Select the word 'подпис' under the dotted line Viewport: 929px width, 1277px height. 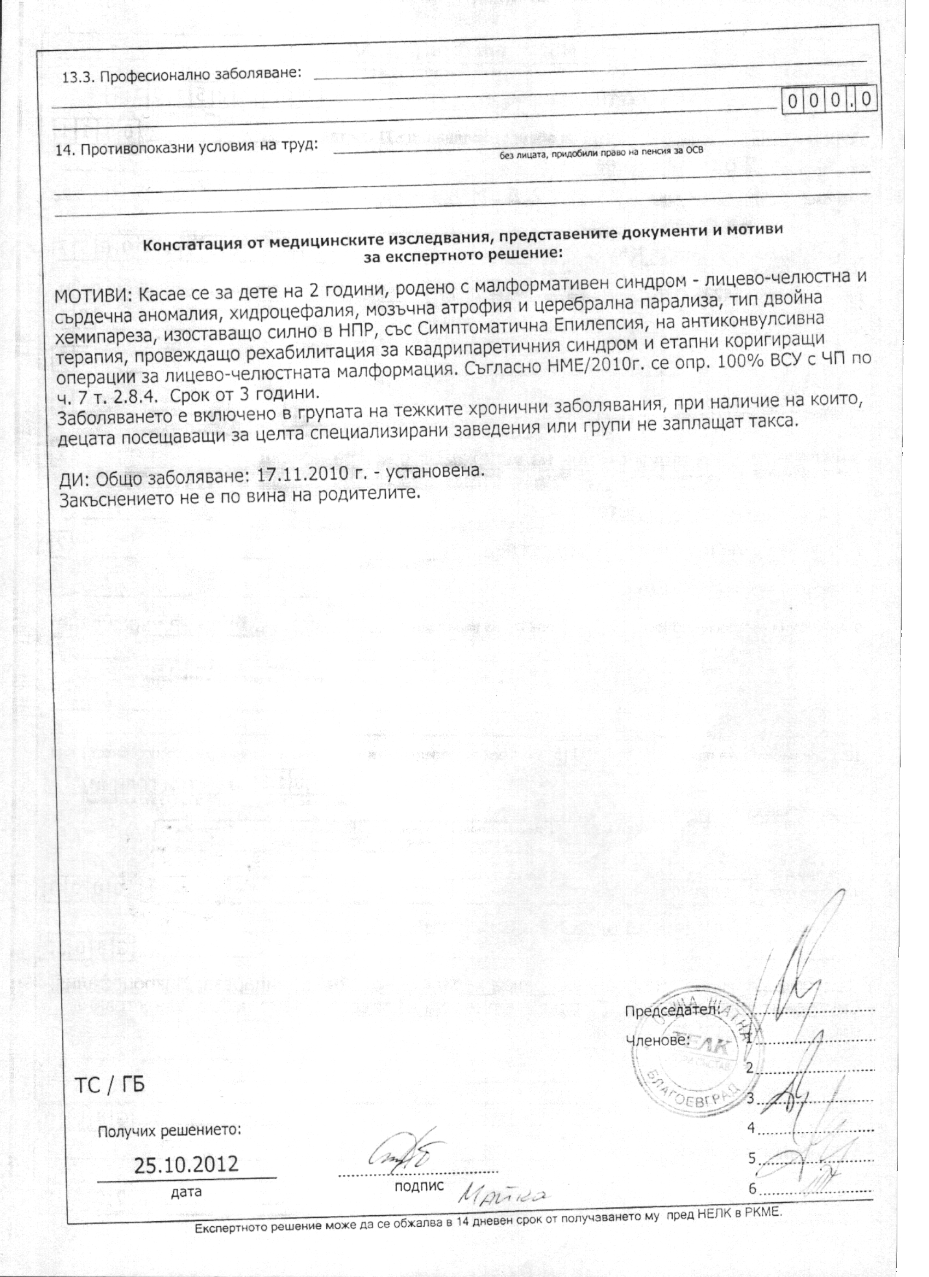[x=419, y=1186]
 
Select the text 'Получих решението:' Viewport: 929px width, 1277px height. [x=169, y=1131]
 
